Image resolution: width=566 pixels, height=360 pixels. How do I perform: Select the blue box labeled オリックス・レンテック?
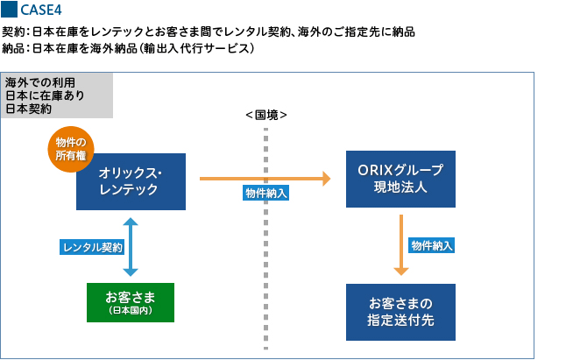click(x=131, y=181)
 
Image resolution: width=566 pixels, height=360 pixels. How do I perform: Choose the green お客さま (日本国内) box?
click(x=130, y=302)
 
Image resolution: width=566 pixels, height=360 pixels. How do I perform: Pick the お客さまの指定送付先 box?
click(x=400, y=311)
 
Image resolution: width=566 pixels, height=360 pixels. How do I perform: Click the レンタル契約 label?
click(x=91, y=248)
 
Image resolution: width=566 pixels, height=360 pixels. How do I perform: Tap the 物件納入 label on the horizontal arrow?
click(x=265, y=193)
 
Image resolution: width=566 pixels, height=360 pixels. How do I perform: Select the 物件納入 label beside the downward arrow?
click(x=431, y=245)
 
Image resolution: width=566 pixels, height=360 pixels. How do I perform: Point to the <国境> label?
click(x=265, y=116)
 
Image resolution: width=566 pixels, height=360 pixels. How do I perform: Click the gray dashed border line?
click(x=265, y=263)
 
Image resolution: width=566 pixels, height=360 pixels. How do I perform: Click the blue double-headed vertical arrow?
click(x=131, y=247)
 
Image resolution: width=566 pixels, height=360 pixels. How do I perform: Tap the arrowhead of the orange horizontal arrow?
click(x=325, y=179)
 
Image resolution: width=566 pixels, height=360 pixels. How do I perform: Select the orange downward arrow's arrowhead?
click(x=400, y=271)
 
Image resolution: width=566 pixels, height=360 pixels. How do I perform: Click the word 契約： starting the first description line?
click(x=16, y=32)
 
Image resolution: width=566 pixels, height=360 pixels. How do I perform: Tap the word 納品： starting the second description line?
click(x=16, y=48)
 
